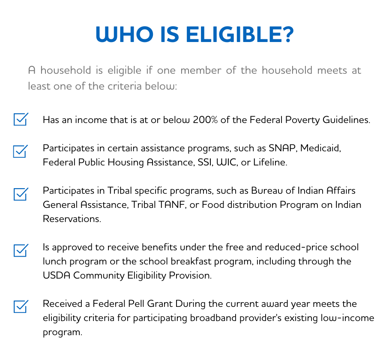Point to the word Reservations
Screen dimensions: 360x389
tap(71, 219)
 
